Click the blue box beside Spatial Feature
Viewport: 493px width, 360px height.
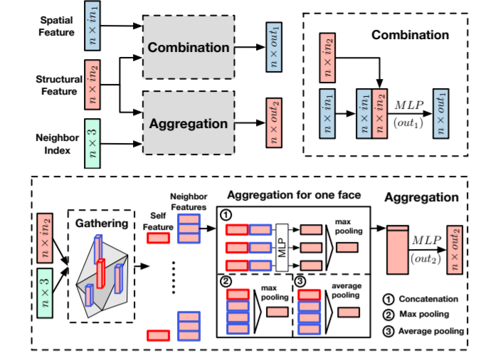(93, 26)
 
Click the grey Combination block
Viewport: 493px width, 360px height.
(189, 48)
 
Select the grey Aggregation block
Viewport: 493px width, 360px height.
(189, 122)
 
